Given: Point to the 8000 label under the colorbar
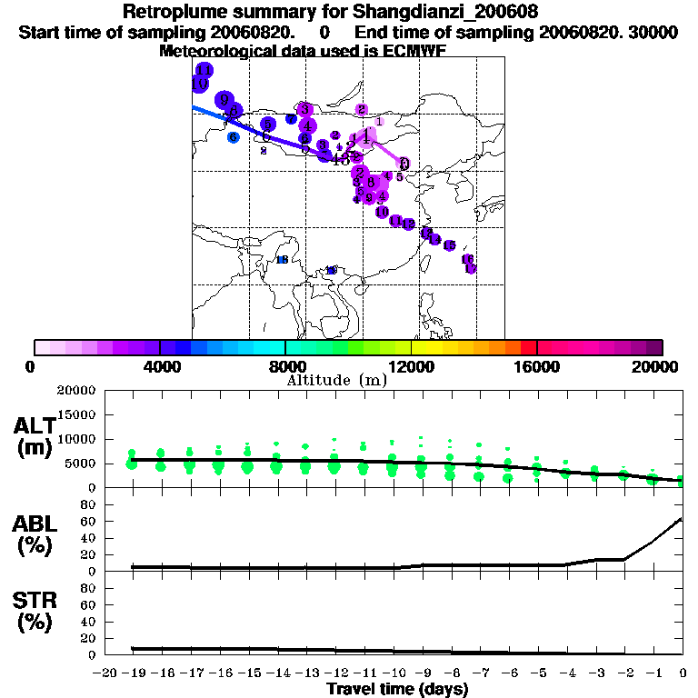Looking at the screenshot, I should coord(285,366).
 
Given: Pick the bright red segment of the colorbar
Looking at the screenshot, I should coord(528,347).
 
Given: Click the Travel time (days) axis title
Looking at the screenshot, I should coord(397,690).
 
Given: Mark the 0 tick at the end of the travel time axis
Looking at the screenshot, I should coord(683,673).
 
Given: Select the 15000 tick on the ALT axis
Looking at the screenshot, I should coord(76,414).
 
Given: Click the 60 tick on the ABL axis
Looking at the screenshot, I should coord(89,521).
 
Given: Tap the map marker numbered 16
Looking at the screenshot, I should coord(467,259).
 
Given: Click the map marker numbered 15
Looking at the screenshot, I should coord(449,245).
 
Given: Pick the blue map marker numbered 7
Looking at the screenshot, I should coord(291,118).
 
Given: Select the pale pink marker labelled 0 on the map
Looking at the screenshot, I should coord(404,164).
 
